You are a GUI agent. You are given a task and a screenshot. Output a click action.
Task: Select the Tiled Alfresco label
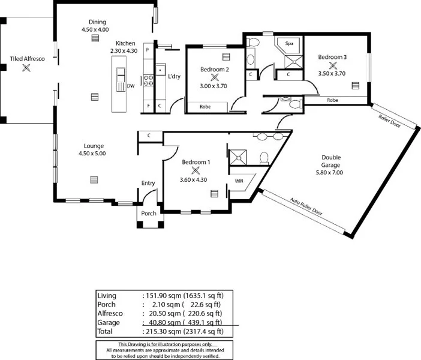coord(26,59)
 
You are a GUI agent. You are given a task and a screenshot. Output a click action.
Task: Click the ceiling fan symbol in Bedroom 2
coord(214,78)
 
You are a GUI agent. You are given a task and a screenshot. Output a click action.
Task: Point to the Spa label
coord(288,44)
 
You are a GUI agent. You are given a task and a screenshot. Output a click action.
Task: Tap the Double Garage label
coord(330,161)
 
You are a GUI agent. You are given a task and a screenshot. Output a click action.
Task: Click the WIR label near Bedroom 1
coord(238,180)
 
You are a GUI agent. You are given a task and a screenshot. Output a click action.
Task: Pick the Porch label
coord(148,213)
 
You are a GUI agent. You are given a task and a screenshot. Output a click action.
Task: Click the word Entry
coord(148,183)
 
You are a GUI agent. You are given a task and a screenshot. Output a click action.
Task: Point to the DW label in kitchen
coord(131,86)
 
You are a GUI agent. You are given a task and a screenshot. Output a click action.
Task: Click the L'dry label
coord(174,76)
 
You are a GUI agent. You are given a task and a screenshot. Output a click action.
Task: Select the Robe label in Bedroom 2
coord(205,107)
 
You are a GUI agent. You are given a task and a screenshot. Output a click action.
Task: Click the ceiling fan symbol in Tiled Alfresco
coord(26,68)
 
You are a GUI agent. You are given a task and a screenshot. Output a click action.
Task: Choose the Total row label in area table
coord(106,331)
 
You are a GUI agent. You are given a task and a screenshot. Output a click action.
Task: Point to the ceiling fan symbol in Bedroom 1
coord(195,170)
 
